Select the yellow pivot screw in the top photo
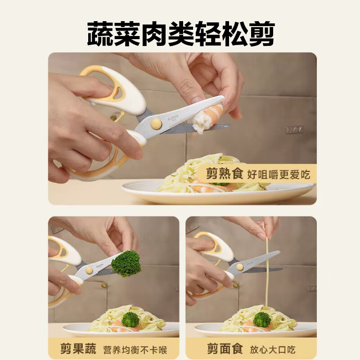156,123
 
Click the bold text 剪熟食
225,174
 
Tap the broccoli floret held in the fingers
126,263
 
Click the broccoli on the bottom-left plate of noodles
130,319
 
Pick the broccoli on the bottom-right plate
262,319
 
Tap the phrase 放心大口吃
273,349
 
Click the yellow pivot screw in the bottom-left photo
89,270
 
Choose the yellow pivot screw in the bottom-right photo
240,267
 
